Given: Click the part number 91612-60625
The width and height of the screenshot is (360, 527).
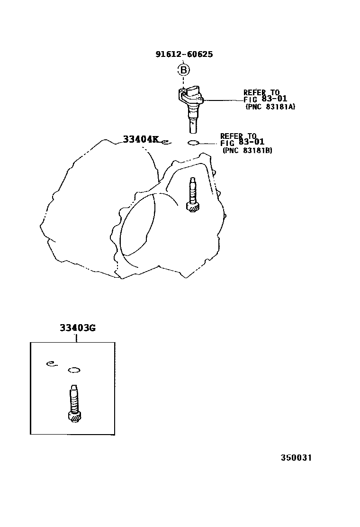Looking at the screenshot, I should [184, 54].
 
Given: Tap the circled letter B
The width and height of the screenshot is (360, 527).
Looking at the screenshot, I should [183, 70].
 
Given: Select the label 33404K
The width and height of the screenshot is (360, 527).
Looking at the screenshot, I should [140, 139].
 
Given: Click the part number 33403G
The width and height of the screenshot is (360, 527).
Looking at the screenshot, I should [78, 328].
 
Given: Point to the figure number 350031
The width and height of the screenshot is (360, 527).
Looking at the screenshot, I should [296, 458].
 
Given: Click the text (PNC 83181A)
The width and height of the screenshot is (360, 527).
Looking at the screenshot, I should [270, 108].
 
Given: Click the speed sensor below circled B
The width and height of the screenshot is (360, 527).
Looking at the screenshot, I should [191, 106].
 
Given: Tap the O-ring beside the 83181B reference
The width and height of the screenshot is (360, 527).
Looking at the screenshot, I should [195, 143].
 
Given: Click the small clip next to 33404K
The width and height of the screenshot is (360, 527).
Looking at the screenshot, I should [165, 141].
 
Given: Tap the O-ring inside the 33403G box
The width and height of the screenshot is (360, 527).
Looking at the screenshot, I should [74, 370].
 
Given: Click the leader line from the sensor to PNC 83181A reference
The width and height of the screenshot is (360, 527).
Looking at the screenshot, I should [223, 100].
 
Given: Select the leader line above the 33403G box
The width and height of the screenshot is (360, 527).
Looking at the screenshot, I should [77, 337].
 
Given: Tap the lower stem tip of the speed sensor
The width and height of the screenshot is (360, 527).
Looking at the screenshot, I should [192, 128].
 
